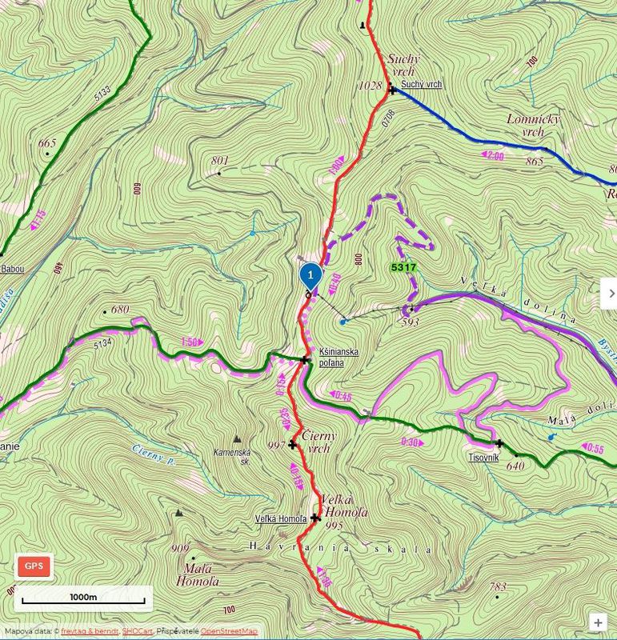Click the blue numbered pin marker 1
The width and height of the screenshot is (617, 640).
[x=311, y=274]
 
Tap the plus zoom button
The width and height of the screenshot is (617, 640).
[x=597, y=622]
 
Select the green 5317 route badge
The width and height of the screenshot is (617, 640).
[x=403, y=266]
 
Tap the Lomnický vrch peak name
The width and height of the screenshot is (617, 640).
[x=533, y=125]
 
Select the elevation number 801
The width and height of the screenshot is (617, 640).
[x=219, y=160]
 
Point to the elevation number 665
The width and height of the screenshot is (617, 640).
[x=47, y=143]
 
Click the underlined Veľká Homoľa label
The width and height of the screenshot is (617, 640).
[x=280, y=518]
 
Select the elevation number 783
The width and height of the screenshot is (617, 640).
[x=498, y=586]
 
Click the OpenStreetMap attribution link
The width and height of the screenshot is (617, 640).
[x=229, y=631]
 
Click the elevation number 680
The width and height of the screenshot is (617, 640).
[x=120, y=310]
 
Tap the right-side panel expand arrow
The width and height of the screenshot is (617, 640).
[x=610, y=293]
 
